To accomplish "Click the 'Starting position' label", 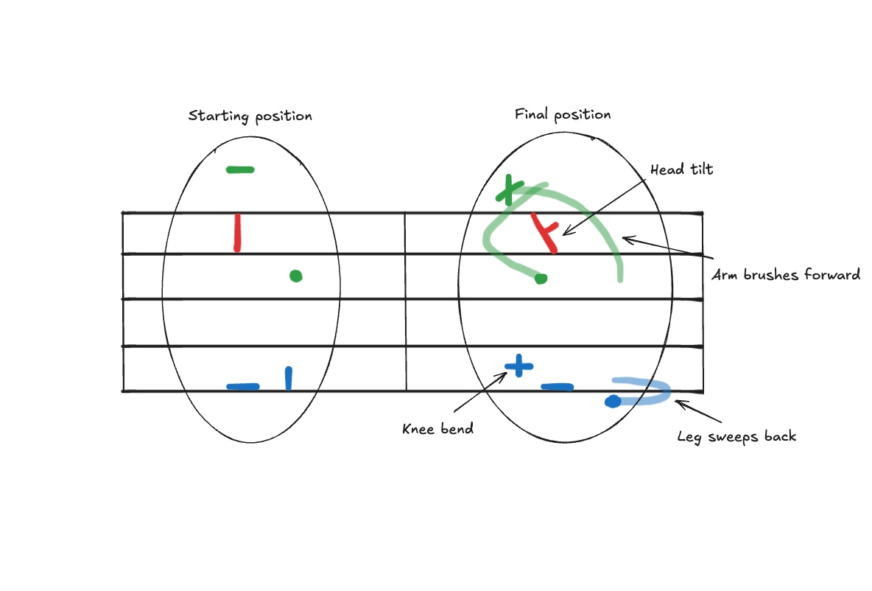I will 250,116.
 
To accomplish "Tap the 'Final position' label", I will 563,115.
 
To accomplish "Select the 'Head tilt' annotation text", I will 681,169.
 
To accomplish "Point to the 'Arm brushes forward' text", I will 786,275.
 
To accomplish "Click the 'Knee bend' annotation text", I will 437,429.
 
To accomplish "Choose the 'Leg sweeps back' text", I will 736,436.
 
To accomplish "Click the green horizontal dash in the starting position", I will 240,169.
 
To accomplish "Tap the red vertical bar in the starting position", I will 237,232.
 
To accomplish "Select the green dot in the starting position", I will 295,276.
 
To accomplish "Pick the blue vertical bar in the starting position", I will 288,378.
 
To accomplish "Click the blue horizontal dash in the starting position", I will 242,386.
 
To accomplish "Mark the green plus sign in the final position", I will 508,190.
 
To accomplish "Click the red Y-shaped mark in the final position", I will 545,232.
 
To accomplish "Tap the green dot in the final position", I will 541,279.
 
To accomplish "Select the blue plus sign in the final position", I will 518,365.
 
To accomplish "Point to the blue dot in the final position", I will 612,402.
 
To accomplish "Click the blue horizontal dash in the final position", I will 557,387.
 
